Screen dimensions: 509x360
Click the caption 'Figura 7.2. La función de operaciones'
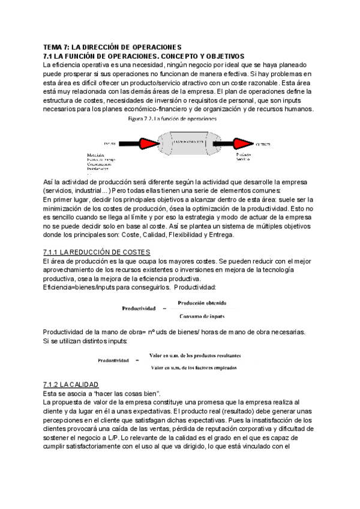[x=173, y=119]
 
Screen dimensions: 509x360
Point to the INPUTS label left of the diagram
[x=110, y=144]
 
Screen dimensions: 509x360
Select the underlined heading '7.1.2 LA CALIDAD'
[x=71, y=384]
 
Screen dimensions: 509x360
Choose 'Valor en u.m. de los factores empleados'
[x=194, y=367]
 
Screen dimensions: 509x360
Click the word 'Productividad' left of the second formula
[x=114, y=361]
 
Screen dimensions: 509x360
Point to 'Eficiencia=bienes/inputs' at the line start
[x=78, y=288]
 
